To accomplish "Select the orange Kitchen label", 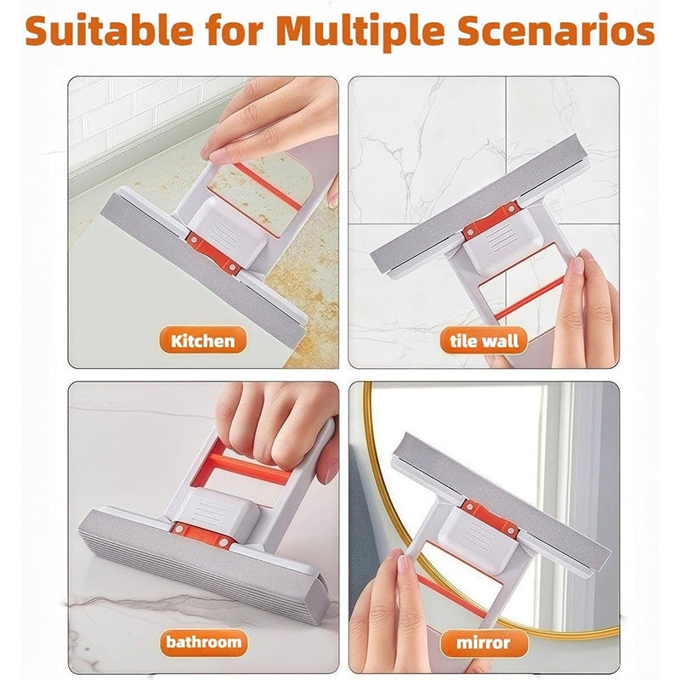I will tap(202, 342).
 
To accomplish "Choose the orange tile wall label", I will tap(484, 342).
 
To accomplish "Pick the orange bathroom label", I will tap(204, 641).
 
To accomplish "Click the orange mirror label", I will tap(483, 641).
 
